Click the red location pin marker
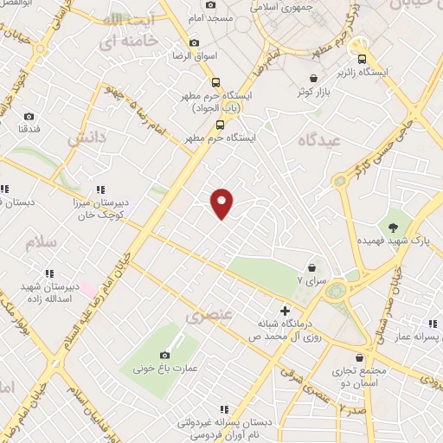click(x=222, y=203)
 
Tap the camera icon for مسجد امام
click(x=211, y=4)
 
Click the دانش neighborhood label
click(x=86, y=137)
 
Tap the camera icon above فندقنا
click(x=29, y=116)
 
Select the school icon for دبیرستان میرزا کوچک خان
click(x=101, y=189)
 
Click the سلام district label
click(x=41, y=241)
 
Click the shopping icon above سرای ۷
click(x=311, y=267)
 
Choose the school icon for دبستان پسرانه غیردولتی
click(x=224, y=408)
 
